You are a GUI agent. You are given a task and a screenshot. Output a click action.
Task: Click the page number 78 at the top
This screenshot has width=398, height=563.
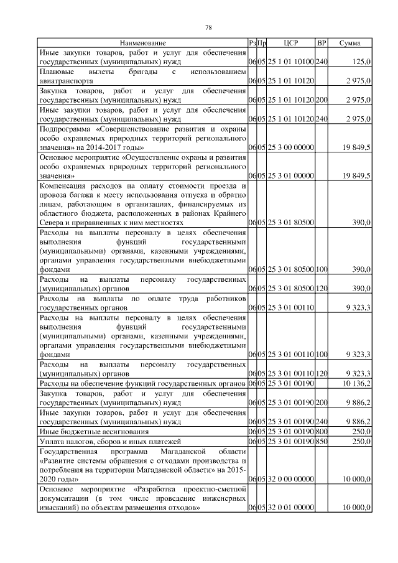click(x=209, y=27)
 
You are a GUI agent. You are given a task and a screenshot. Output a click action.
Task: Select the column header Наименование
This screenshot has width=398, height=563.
click(x=142, y=43)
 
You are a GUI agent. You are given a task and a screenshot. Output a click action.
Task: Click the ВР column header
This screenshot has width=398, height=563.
click(x=322, y=43)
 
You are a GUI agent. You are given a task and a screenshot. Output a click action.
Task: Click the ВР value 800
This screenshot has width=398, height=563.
click(x=322, y=431)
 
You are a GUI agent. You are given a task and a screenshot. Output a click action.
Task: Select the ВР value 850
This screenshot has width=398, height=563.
click(x=322, y=441)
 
